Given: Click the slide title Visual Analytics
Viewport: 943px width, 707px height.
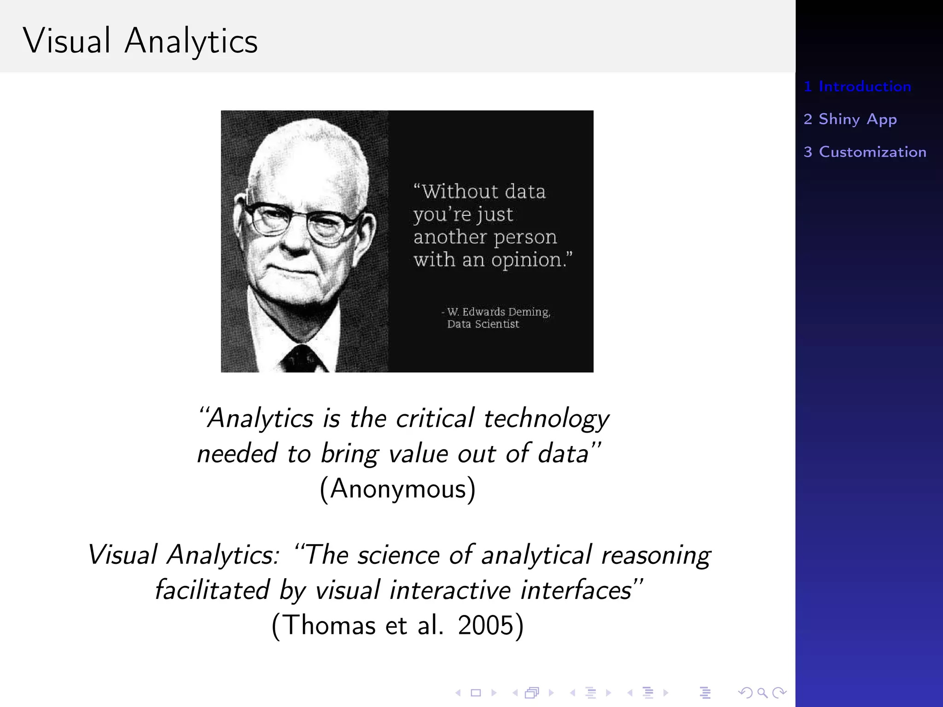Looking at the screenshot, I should point(140,41).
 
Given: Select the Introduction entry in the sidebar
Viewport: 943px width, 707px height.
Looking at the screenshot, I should point(857,87).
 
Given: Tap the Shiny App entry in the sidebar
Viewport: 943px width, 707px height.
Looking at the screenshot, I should point(850,119).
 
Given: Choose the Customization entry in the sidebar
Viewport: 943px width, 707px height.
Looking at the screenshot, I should point(865,152).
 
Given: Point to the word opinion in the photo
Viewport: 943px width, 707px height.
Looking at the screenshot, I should point(527,261).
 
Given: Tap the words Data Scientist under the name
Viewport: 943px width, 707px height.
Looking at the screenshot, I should point(483,324).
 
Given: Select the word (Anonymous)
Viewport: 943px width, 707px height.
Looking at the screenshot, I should point(397,488).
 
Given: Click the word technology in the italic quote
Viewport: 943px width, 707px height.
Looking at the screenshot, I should point(547,419).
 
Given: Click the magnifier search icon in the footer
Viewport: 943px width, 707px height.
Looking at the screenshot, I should point(762,693).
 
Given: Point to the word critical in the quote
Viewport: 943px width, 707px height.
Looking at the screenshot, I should point(435,418).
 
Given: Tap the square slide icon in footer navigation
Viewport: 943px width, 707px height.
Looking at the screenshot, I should point(476,693).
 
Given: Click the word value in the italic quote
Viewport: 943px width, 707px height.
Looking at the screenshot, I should point(418,454).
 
